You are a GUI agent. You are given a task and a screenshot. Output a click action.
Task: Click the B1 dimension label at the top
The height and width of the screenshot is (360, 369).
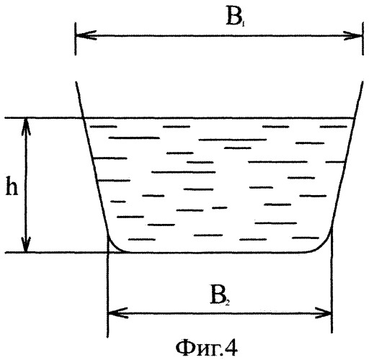[x=235, y=18]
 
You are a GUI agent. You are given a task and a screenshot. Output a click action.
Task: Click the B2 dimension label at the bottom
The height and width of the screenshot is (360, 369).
[x=220, y=294]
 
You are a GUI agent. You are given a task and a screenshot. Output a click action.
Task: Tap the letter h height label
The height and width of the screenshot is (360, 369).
[x=12, y=186]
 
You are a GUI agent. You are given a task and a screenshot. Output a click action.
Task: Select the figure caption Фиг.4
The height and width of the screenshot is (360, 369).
[x=207, y=348]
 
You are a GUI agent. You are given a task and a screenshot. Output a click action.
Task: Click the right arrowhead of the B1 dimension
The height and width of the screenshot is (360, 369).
[x=352, y=36]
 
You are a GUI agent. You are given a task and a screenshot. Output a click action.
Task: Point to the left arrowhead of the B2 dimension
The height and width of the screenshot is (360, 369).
[x=117, y=313]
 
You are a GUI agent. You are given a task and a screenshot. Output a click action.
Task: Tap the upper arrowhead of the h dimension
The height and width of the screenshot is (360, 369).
[x=27, y=127]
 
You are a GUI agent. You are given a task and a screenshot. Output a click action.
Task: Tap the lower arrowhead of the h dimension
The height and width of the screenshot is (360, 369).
[x=27, y=243]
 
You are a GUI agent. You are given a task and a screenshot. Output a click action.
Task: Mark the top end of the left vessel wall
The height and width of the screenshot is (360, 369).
[x=76, y=82]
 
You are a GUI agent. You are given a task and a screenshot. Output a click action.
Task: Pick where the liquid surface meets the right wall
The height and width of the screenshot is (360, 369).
[x=355, y=118]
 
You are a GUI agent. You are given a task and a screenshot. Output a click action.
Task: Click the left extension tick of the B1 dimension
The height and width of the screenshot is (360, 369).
[x=76, y=39]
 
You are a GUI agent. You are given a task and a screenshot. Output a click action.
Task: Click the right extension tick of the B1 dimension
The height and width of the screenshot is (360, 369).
[x=363, y=39]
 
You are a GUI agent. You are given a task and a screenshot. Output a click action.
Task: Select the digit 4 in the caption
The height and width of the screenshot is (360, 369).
[x=232, y=348]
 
